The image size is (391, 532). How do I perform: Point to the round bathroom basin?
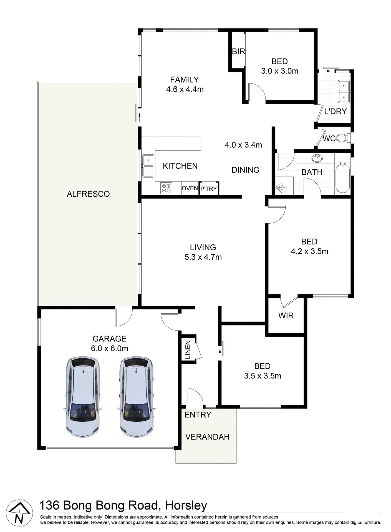(317, 158)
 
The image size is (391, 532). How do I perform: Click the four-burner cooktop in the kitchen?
(166, 188)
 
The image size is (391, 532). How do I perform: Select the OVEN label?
(190, 188)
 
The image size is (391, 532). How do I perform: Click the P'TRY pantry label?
(209, 189)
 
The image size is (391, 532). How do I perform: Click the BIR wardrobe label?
(238, 52)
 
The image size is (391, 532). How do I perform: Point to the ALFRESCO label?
(88, 194)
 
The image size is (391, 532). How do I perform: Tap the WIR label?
(286, 316)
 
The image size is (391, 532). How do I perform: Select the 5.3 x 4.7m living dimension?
(203, 257)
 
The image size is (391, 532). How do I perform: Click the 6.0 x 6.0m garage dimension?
(110, 348)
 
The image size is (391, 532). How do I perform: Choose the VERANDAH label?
(207, 437)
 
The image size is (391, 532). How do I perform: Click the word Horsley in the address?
(186, 506)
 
